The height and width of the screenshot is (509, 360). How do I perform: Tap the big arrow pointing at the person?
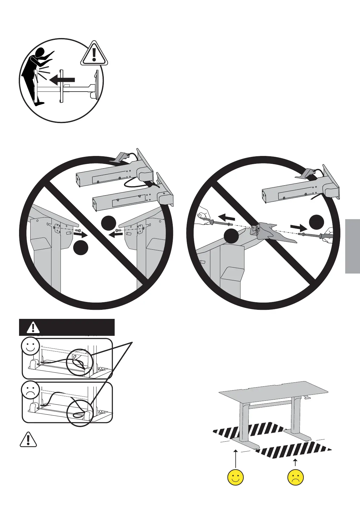(62, 80)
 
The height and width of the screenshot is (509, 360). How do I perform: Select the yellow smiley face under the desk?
(235, 478)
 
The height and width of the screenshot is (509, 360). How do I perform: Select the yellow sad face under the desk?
(296, 478)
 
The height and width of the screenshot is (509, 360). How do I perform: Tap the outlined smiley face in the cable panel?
(30, 346)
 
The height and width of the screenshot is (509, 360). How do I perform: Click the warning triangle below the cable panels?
(28, 439)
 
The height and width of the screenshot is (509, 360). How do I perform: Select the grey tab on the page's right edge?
(352, 246)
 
